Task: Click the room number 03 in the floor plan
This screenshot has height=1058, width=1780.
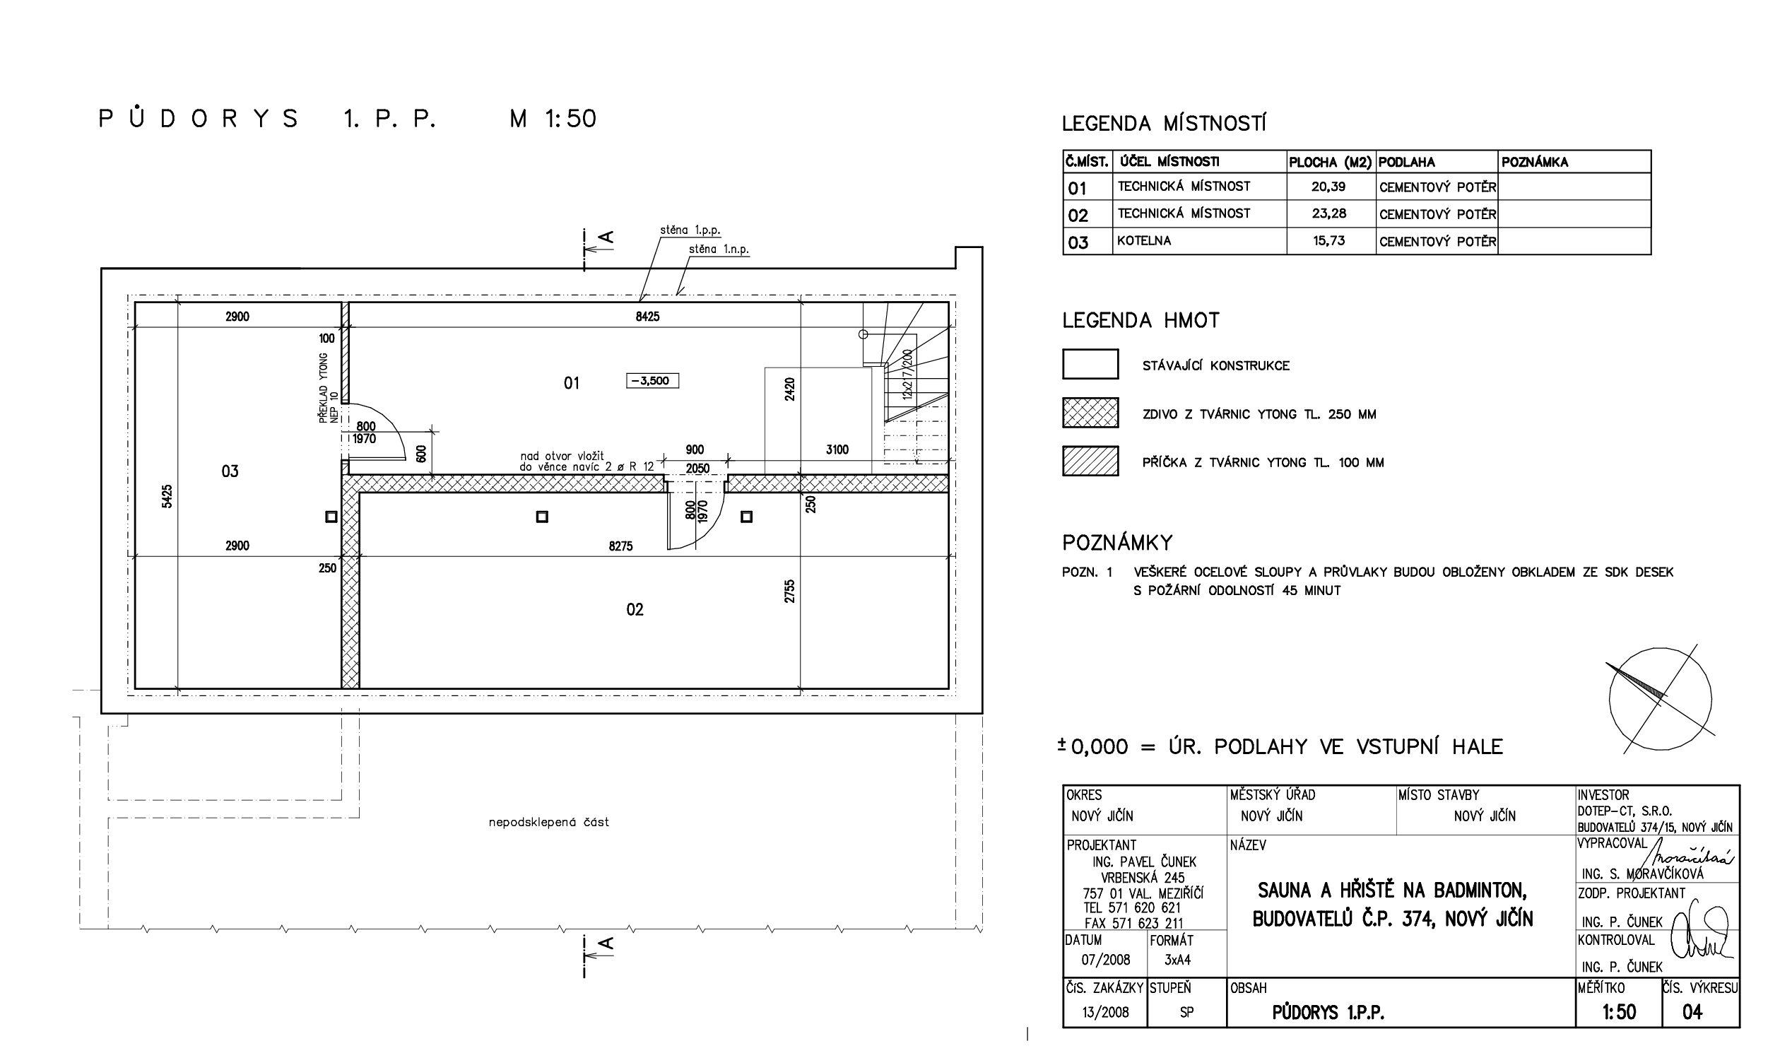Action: point(230,471)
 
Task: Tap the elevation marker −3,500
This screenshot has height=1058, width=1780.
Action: point(652,381)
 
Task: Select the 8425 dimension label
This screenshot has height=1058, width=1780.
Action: point(647,317)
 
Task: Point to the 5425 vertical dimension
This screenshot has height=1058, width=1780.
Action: point(167,496)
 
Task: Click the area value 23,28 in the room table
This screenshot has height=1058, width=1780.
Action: point(1328,213)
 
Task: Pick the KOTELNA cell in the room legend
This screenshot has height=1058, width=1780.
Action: point(1143,240)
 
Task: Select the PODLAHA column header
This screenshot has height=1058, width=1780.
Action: point(1406,162)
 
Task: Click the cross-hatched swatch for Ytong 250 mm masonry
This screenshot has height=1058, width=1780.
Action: point(1090,413)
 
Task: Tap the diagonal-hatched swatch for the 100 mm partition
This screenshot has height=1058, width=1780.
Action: point(1090,461)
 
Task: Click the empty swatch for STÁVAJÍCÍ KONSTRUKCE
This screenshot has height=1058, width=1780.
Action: point(1090,363)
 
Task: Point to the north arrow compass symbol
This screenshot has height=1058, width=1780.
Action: point(1661,699)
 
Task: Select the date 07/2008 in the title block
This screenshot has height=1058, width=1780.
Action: point(1106,960)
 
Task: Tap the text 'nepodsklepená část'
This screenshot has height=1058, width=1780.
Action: point(549,822)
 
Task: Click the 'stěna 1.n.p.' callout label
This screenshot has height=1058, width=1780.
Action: point(719,249)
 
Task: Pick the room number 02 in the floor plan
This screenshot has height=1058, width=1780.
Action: point(635,609)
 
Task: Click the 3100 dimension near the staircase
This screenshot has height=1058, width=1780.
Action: point(837,450)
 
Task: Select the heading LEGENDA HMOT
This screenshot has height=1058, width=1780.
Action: point(1141,321)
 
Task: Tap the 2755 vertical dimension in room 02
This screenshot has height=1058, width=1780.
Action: point(789,591)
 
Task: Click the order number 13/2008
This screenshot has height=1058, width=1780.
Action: point(1106,1011)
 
